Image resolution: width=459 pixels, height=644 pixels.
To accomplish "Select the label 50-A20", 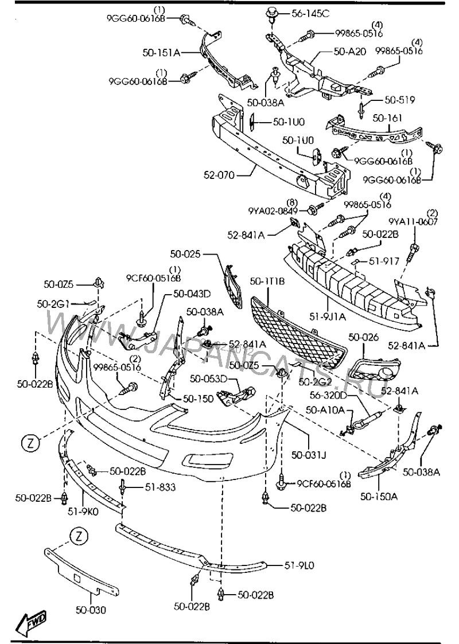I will pyautogui.click(x=349, y=51).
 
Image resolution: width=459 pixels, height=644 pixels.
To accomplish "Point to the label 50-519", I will pyautogui.click(x=399, y=100).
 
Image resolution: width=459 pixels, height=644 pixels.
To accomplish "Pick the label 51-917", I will pyautogui.click(x=383, y=261).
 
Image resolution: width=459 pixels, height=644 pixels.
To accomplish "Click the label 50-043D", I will pyautogui.click(x=192, y=294).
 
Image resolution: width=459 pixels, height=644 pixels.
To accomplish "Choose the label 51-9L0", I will pyautogui.click(x=299, y=565).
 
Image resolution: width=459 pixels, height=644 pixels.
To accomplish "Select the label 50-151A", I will pyautogui.click(x=162, y=53).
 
